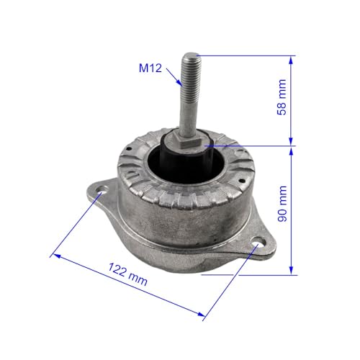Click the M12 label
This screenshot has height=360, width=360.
tap(150, 68)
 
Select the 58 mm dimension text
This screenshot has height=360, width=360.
tap(282, 97)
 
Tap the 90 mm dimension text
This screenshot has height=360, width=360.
tap(282, 204)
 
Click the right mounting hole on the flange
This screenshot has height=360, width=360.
tap(258, 242)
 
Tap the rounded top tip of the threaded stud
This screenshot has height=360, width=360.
tap(191, 55)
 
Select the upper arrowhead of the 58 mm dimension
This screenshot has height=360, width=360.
tap(291, 60)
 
